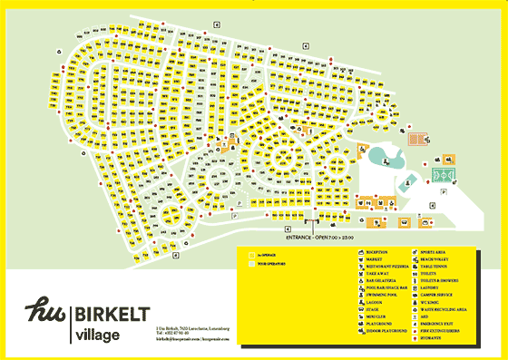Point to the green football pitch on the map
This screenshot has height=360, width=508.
[x=444, y=171]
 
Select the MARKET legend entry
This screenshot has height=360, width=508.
[x=374, y=258]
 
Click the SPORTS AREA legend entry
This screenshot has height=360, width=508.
[x=436, y=251]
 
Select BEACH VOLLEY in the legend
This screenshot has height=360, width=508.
[x=438, y=258]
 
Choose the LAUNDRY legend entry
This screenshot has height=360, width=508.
[x=433, y=287]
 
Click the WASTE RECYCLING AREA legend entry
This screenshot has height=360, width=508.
[x=451, y=309]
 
